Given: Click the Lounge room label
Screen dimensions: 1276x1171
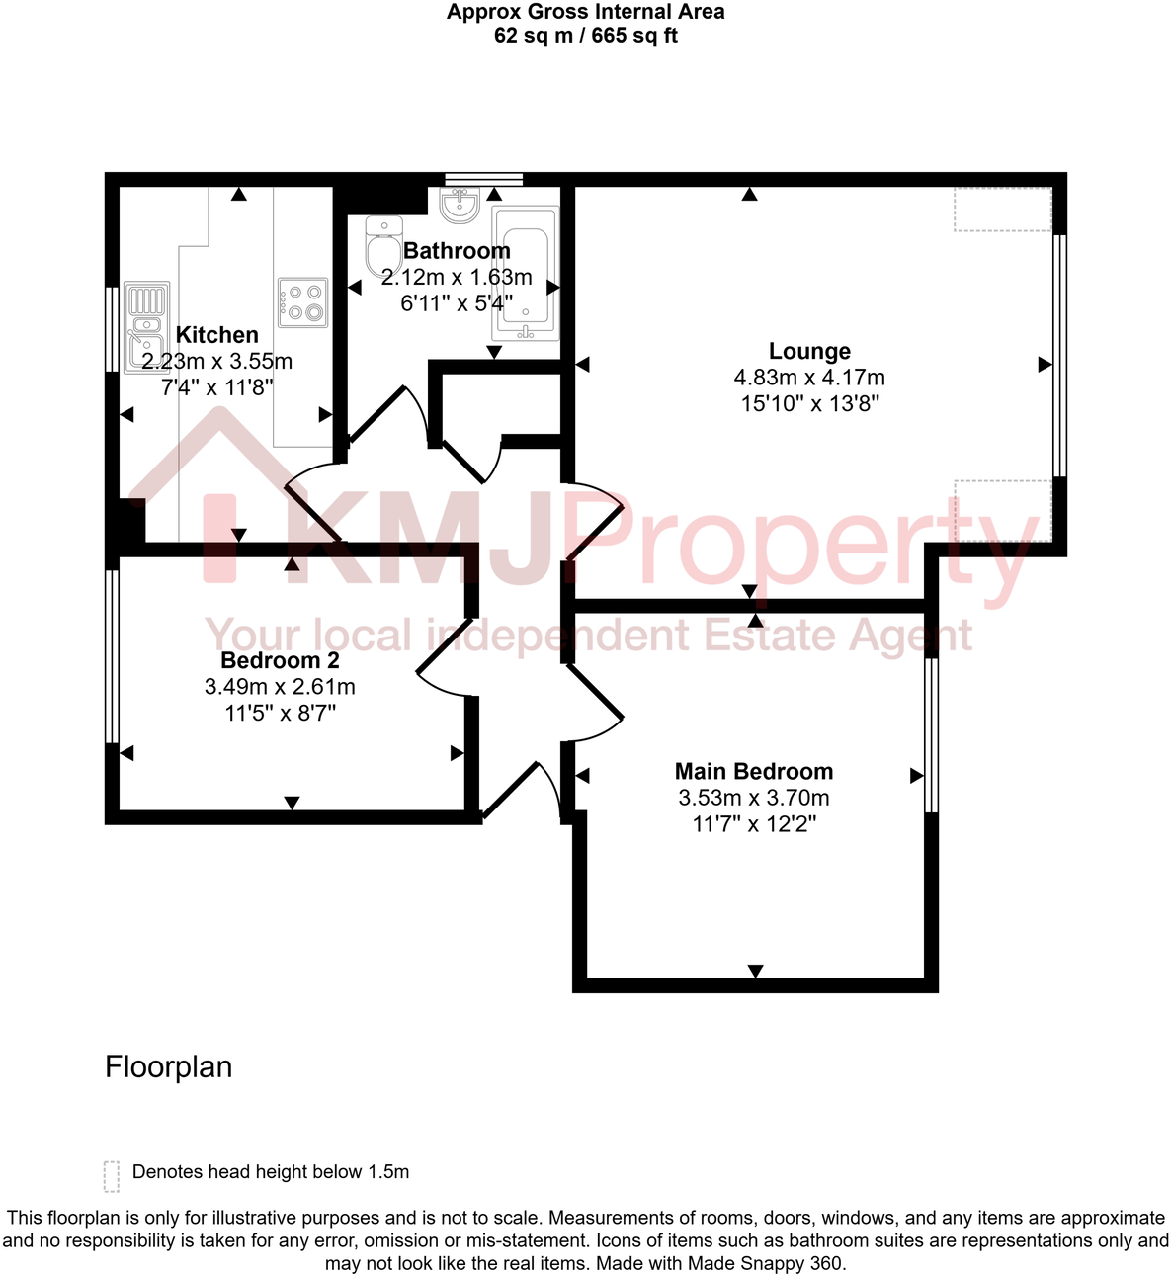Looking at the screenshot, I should tap(809, 351).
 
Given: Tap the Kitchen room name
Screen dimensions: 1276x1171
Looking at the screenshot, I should tap(216, 335).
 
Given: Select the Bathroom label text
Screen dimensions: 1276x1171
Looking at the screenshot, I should tap(457, 251).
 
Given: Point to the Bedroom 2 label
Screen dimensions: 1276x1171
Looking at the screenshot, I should tap(280, 660).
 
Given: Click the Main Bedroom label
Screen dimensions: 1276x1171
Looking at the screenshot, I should tap(754, 771).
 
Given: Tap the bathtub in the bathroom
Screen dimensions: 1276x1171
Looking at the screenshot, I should tap(526, 273).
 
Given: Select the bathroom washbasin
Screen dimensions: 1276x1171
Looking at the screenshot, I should tap(460, 206).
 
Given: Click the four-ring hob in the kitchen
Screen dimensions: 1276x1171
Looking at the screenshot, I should tap(302, 301).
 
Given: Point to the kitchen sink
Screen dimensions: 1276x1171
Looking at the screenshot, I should tap(145, 327).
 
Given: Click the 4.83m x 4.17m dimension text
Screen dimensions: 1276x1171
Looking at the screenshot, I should tap(809, 378).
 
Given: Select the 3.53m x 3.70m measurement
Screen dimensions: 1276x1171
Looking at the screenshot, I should tap(754, 798).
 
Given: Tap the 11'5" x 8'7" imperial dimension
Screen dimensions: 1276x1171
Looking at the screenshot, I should tap(280, 713).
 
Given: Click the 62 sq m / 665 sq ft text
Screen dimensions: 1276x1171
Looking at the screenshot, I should tap(585, 36).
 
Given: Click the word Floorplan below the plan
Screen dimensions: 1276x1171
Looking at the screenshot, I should tap(169, 1067).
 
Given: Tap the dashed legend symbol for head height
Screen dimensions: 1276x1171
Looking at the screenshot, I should tap(112, 1175).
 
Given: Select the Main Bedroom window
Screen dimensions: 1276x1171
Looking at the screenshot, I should tap(931, 734).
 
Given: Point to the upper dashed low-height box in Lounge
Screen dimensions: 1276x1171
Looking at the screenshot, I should tap(1002, 210).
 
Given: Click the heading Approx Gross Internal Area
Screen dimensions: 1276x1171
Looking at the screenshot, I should tap(585, 12).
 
